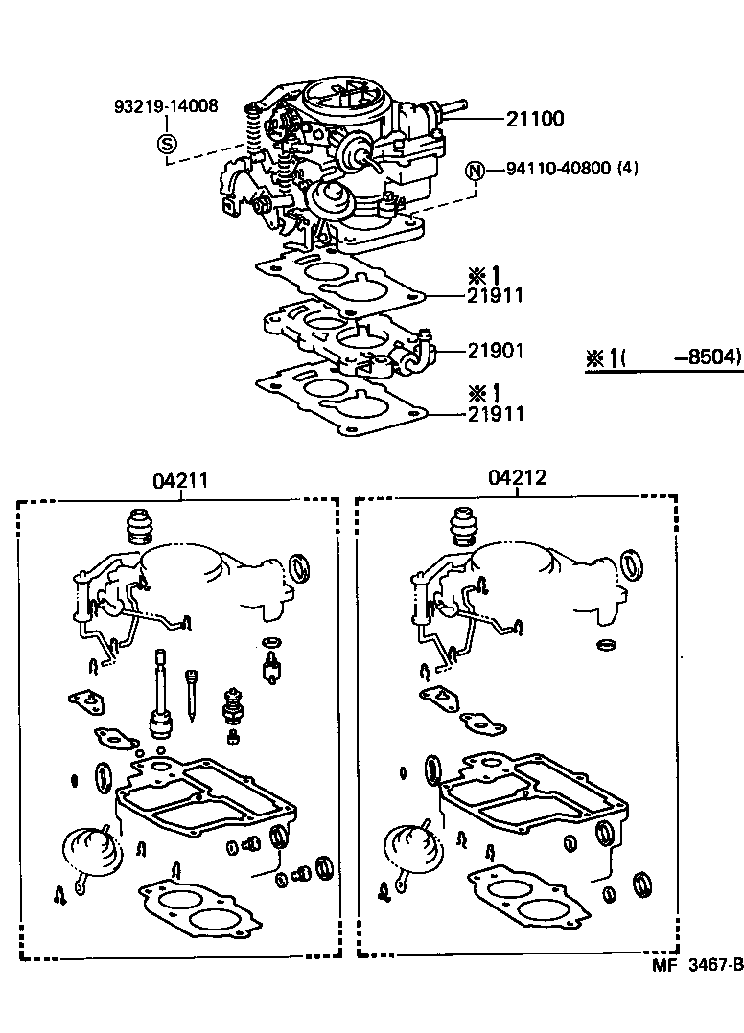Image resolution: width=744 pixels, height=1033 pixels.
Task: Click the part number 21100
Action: pyautogui.click(x=536, y=120)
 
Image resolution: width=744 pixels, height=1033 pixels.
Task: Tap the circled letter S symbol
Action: pyautogui.click(x=166, y=145)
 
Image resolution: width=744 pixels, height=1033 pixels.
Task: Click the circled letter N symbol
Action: pyautogui.click(x=475, y=171)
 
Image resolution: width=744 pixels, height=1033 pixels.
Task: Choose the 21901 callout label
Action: pyautogui.click(x=495, y=351)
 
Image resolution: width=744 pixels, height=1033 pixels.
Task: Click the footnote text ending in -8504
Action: pyautogui.click(x=663, y=357)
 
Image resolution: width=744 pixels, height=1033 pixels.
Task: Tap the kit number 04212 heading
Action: pyautogui.click(x=517, y=477)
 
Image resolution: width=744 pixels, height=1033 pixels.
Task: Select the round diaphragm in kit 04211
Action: pyautogui.click(x=92, y=849)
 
